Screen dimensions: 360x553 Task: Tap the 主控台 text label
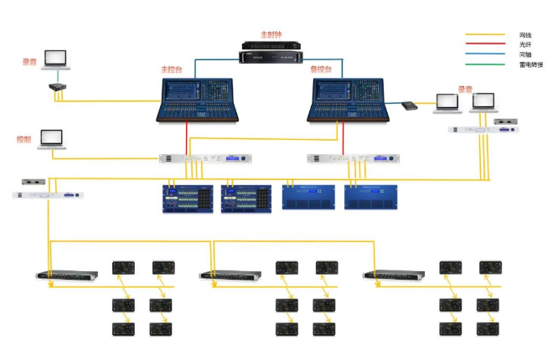171,69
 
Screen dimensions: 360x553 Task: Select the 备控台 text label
320,69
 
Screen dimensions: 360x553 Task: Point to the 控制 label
23,138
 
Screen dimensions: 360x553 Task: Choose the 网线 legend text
525,35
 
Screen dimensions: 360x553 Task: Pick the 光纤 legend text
525,45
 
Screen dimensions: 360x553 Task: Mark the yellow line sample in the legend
486,35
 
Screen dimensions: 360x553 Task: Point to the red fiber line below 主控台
186,136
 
